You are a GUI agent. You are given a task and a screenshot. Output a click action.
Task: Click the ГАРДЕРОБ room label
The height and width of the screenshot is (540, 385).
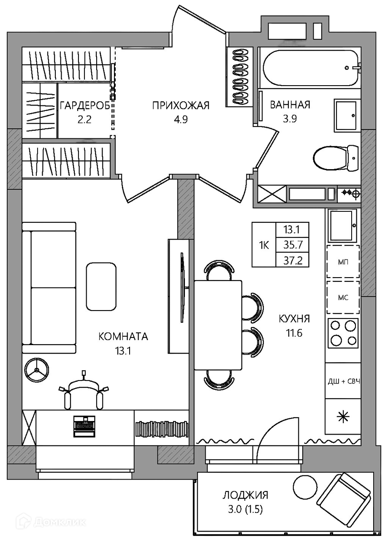tap(85, 105)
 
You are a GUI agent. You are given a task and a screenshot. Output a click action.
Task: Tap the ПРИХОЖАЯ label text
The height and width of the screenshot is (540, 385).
tap(181, 105)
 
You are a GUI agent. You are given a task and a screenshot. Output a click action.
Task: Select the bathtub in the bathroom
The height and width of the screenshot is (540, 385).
tap(311, 68)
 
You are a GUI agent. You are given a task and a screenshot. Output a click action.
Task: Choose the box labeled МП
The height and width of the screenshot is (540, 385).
tap(343, 262)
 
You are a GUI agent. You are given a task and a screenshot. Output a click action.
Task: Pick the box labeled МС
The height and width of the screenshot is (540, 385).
tap(343, 297)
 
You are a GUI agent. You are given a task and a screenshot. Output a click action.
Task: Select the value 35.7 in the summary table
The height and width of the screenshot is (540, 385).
tap(293, 245)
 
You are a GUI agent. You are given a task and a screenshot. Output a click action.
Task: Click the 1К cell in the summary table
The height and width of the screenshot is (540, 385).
tap(264, 246)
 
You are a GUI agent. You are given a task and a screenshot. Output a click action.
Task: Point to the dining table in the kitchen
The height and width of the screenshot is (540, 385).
tap(218, 325)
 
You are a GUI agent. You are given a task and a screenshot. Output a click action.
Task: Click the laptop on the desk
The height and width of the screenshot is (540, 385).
tap(84, 426)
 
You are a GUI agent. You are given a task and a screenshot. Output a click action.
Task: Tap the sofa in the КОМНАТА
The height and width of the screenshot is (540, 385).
tap(49, 288)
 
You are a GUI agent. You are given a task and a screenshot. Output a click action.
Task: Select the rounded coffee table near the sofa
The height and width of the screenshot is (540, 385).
tap(101, 286)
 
